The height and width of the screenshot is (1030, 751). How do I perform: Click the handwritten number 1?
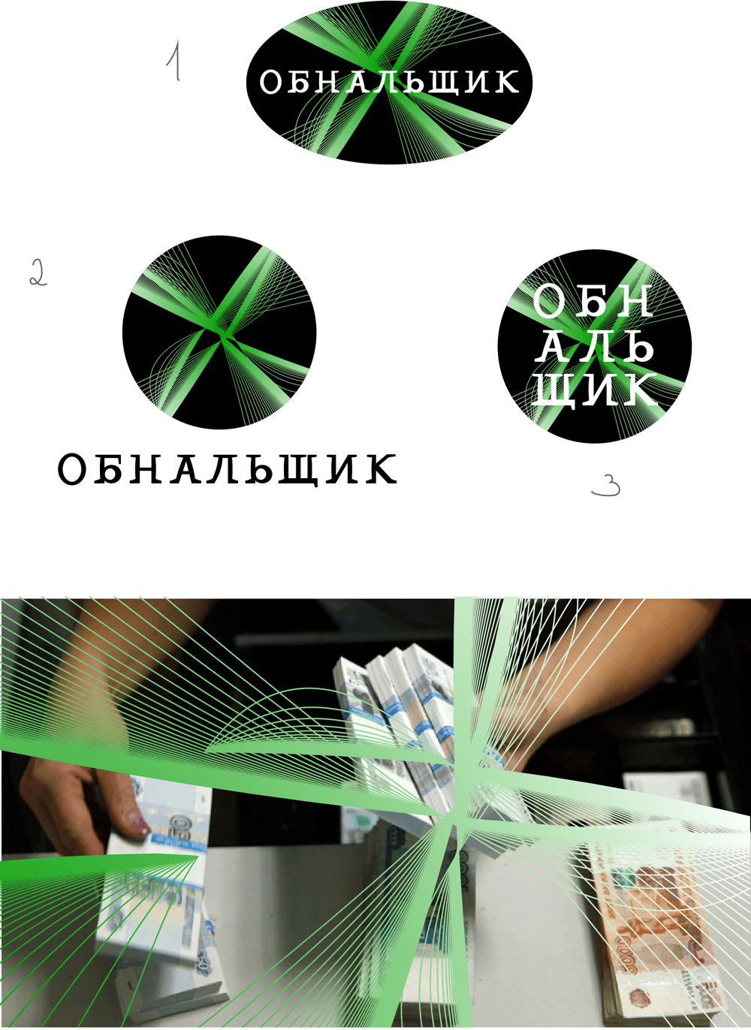pyautogui.click(x=173, y=61)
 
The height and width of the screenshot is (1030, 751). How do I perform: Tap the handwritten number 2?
pyautogui.click(x=38, y=273)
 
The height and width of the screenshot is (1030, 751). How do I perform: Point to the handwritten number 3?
pyautogui.click(x=606, y=486)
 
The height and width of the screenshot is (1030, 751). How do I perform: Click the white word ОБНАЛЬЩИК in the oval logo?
pyautogui.click(x=389, y=82)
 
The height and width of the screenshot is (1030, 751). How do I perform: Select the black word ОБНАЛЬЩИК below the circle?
pyautogui.click(x=228, y=469)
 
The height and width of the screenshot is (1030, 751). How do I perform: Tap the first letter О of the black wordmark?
pyautogui.click(x=73, y=469)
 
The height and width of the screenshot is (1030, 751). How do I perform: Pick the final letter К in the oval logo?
pyautogui.click(x=506, y=82)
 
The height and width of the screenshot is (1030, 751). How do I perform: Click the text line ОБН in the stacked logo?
pyautogui.click(x=593, y=301)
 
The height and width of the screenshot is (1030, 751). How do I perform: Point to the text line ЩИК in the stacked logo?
pyautogui.click(x=595, y=389)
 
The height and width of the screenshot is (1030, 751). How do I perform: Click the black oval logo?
pyautogui.click(x=389, y=83)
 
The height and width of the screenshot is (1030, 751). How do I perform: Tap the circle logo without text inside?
pyautogui.click(x=219, y=333)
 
